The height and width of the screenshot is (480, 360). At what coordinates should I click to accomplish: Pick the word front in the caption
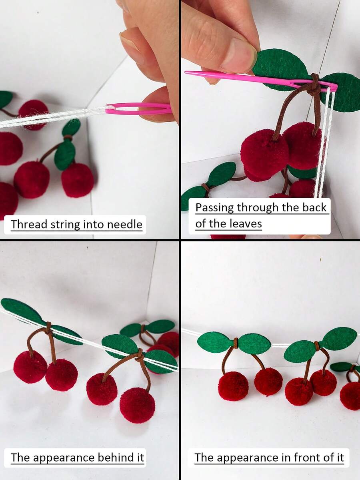(306, 457)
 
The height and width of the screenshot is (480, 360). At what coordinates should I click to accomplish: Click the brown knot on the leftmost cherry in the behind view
(48, 328)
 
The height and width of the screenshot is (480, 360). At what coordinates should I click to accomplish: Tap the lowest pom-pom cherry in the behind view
(137, 405)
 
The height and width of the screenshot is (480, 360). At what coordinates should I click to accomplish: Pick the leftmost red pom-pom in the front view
(233, 386)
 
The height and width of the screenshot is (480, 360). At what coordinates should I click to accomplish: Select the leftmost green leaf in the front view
(215, 342)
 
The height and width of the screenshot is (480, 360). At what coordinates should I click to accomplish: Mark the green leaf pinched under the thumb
(280, 68)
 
